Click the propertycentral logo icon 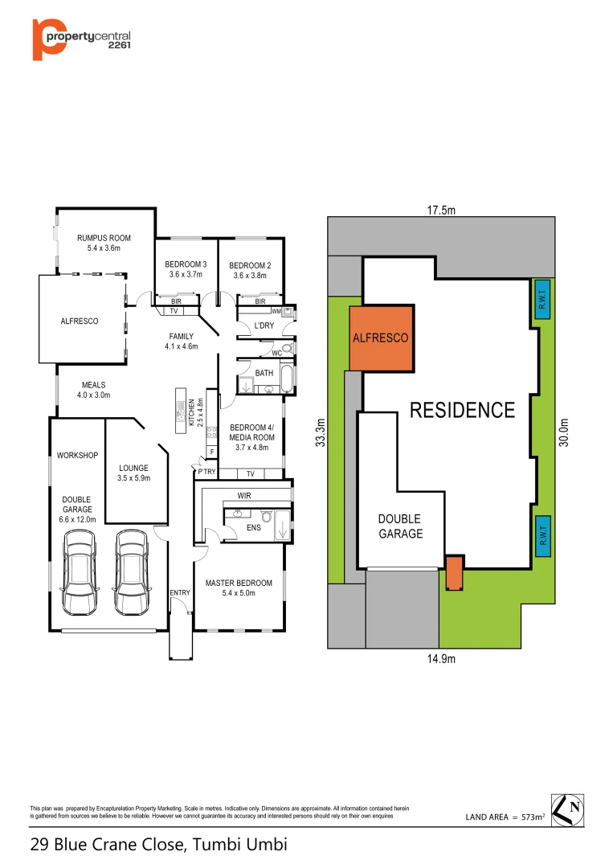pyautogui.click(x=48, y=38)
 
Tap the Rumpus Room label pyautogui.click(x=104, y=238)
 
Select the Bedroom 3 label pyautogui.click(x=186, y=264)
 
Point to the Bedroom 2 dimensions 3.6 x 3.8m pyautogui.click(x=250, y=276)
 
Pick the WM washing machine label pyautogui.click(x=276, y=311)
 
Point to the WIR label pyautogui.click(x=244, y=496)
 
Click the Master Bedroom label pyautogui.click(x=239, y=583)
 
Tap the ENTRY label pyautogui.click(x=180, y=593)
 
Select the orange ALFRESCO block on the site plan pyautogui.click(x=381, y=338)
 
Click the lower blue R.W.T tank pyautogui.click(x=543, y=535)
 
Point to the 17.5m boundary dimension pyautogui.click(x=440, y=211)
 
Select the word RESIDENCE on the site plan pyautogui.click(x=462, y=410)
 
